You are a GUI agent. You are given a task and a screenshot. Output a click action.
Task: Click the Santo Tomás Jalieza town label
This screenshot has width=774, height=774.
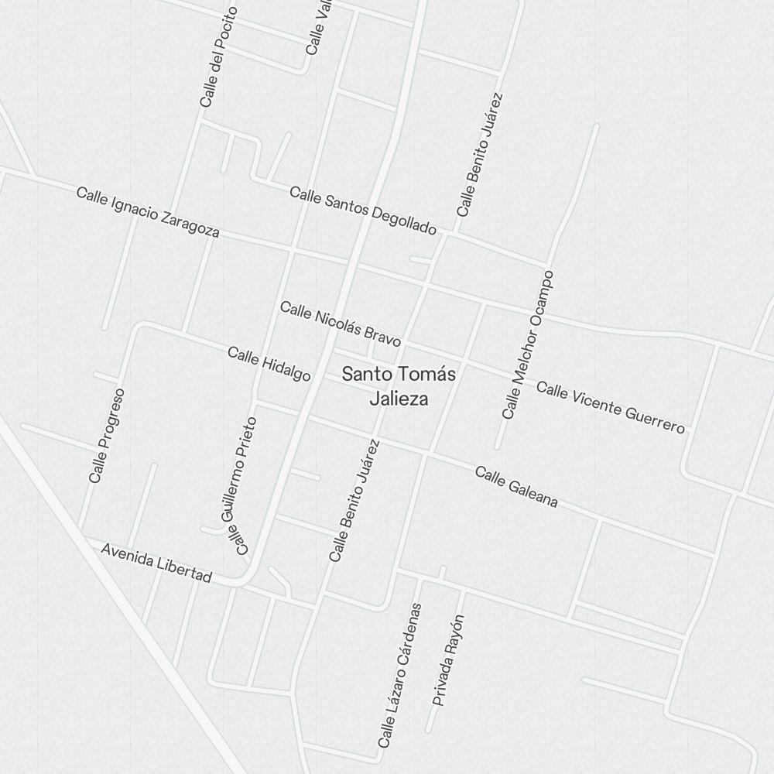click(398, 385)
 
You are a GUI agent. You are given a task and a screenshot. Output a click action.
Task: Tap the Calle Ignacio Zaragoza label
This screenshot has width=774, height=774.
click(148, 212)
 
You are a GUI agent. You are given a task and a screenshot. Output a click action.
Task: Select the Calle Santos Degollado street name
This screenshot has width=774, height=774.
click(363, 210)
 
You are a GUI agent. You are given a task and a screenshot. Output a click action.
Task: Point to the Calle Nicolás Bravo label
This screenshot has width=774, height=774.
click(341, 324)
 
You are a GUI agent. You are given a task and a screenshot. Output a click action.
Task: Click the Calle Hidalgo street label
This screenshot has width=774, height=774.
click(269, 364)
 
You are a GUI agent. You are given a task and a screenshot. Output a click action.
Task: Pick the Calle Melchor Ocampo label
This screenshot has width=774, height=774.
click(528, 345)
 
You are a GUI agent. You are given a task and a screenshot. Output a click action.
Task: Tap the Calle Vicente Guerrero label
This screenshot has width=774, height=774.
click(611, 407)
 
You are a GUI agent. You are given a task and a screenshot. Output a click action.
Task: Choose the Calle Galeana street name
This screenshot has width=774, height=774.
click(516, 487)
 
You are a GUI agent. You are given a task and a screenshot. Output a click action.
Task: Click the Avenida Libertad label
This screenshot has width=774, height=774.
click(156, 563)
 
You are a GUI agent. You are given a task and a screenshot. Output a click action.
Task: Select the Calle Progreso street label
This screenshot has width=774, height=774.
click(107, 436)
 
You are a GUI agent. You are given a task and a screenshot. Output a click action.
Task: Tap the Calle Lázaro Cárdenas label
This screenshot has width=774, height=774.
click(400, 676)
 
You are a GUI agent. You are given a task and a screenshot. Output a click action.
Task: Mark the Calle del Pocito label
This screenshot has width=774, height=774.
click(217, 57)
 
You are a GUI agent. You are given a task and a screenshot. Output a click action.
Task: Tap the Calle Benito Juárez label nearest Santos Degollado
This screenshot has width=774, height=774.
click(480, 155)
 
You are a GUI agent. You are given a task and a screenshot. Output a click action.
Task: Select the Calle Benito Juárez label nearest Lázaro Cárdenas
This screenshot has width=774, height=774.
click(354, 501)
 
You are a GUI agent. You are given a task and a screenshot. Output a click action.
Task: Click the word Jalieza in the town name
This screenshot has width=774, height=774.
click(399, 399)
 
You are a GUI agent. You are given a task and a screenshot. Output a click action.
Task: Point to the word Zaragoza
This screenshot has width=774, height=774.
click(190, 224)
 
